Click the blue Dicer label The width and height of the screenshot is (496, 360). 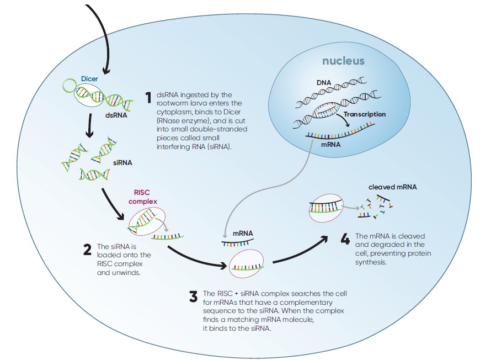pyautogui.click(x=89, y=79)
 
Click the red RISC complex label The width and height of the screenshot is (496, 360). pyautogui.click(x=143, y=197)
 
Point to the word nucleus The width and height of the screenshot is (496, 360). pyautogui.click(x=344, y=61)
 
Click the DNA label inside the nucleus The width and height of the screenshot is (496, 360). pyautogui.click(x=324, y=83)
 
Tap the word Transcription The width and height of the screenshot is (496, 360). pyautogui.click(x=365, y=114)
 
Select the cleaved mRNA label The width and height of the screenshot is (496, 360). pyautogui.click(x=393, y=187)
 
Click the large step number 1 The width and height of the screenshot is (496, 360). pyautogui.click(x=148, y=98)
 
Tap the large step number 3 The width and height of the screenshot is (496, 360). pyautogui.click(x=193, y=297)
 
